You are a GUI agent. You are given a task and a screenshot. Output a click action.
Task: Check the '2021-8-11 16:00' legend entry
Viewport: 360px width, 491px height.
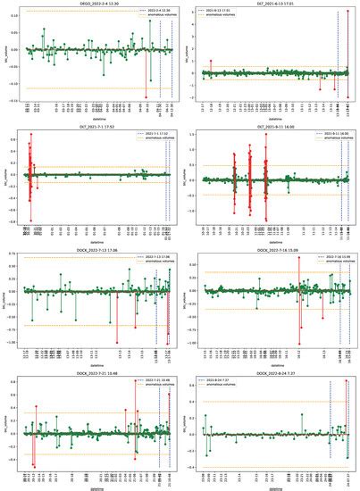(x=331, y=135)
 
